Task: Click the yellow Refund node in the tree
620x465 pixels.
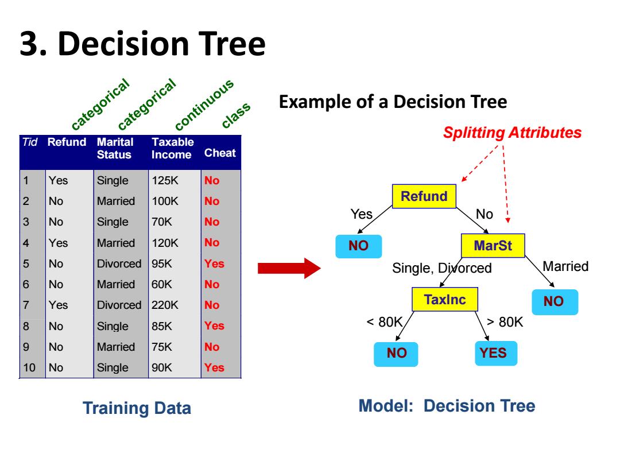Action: point(424,196)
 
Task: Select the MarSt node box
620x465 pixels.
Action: point(493,246)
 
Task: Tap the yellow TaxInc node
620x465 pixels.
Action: point(445,299)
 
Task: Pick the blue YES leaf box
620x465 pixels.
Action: point(496,352)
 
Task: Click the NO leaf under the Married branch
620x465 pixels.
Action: point(555,302)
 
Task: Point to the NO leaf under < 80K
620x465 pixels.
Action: point(396,354)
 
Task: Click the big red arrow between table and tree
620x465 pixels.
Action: point(289,268)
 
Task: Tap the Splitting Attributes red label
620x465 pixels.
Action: point(512,133)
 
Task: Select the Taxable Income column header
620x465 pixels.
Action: point(172,148)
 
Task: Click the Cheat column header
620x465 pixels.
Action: point(220,153)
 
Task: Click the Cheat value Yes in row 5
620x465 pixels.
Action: point(214,263)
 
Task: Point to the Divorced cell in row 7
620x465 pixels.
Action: point(119,305)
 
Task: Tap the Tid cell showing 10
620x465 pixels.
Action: point(29,367)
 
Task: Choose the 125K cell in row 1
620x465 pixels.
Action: point(165,180)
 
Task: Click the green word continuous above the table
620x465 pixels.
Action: point(204,105)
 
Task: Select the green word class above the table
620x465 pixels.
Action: point(236,115)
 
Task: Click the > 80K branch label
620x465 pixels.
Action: point(505,322)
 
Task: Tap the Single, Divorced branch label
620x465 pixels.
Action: point(441,268)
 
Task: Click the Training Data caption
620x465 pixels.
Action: point(137,408)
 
